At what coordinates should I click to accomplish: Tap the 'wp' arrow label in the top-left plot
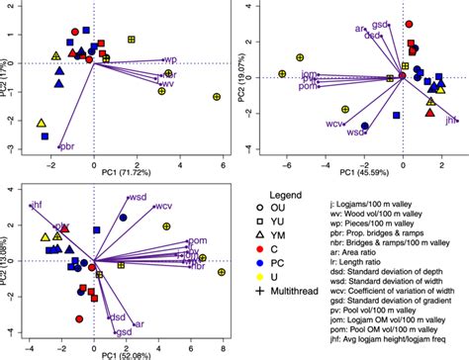coord(170,60)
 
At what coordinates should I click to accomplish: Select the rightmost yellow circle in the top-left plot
coord(217,97)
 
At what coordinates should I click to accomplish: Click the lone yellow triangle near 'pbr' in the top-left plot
coord(42,124)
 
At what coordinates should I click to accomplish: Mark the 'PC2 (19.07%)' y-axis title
coord(244,75)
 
